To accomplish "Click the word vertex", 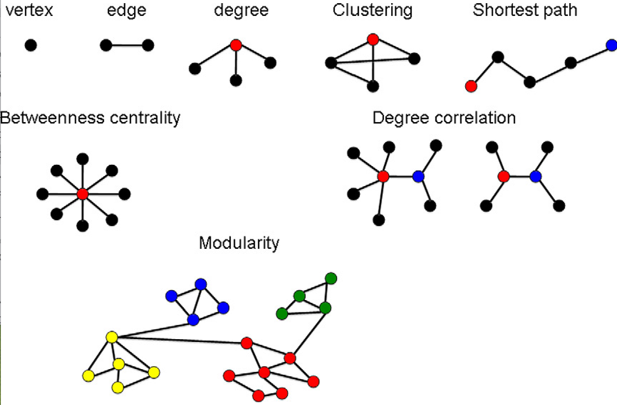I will (x=29, y=10).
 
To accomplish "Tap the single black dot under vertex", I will (x=30, y=45).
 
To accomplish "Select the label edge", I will (x=127, y=10).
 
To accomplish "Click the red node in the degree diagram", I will (x=235, y=44).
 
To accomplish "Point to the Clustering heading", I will (x=373, y=10).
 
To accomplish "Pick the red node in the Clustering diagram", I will (x=373, y=39).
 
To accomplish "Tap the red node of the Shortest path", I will (x=471, y=85).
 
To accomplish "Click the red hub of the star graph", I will (x=82, y=194).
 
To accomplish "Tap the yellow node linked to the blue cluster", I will (x=112, y=337).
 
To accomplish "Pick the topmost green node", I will (x=331, y=277).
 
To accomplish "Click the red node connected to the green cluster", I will (x=290, y=358).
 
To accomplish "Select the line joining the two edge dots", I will (x=127, y=45).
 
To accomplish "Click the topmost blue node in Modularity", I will (x=200, y=284).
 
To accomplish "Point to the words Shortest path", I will (x=525, y=10).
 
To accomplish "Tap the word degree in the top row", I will (x=241, y=10).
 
